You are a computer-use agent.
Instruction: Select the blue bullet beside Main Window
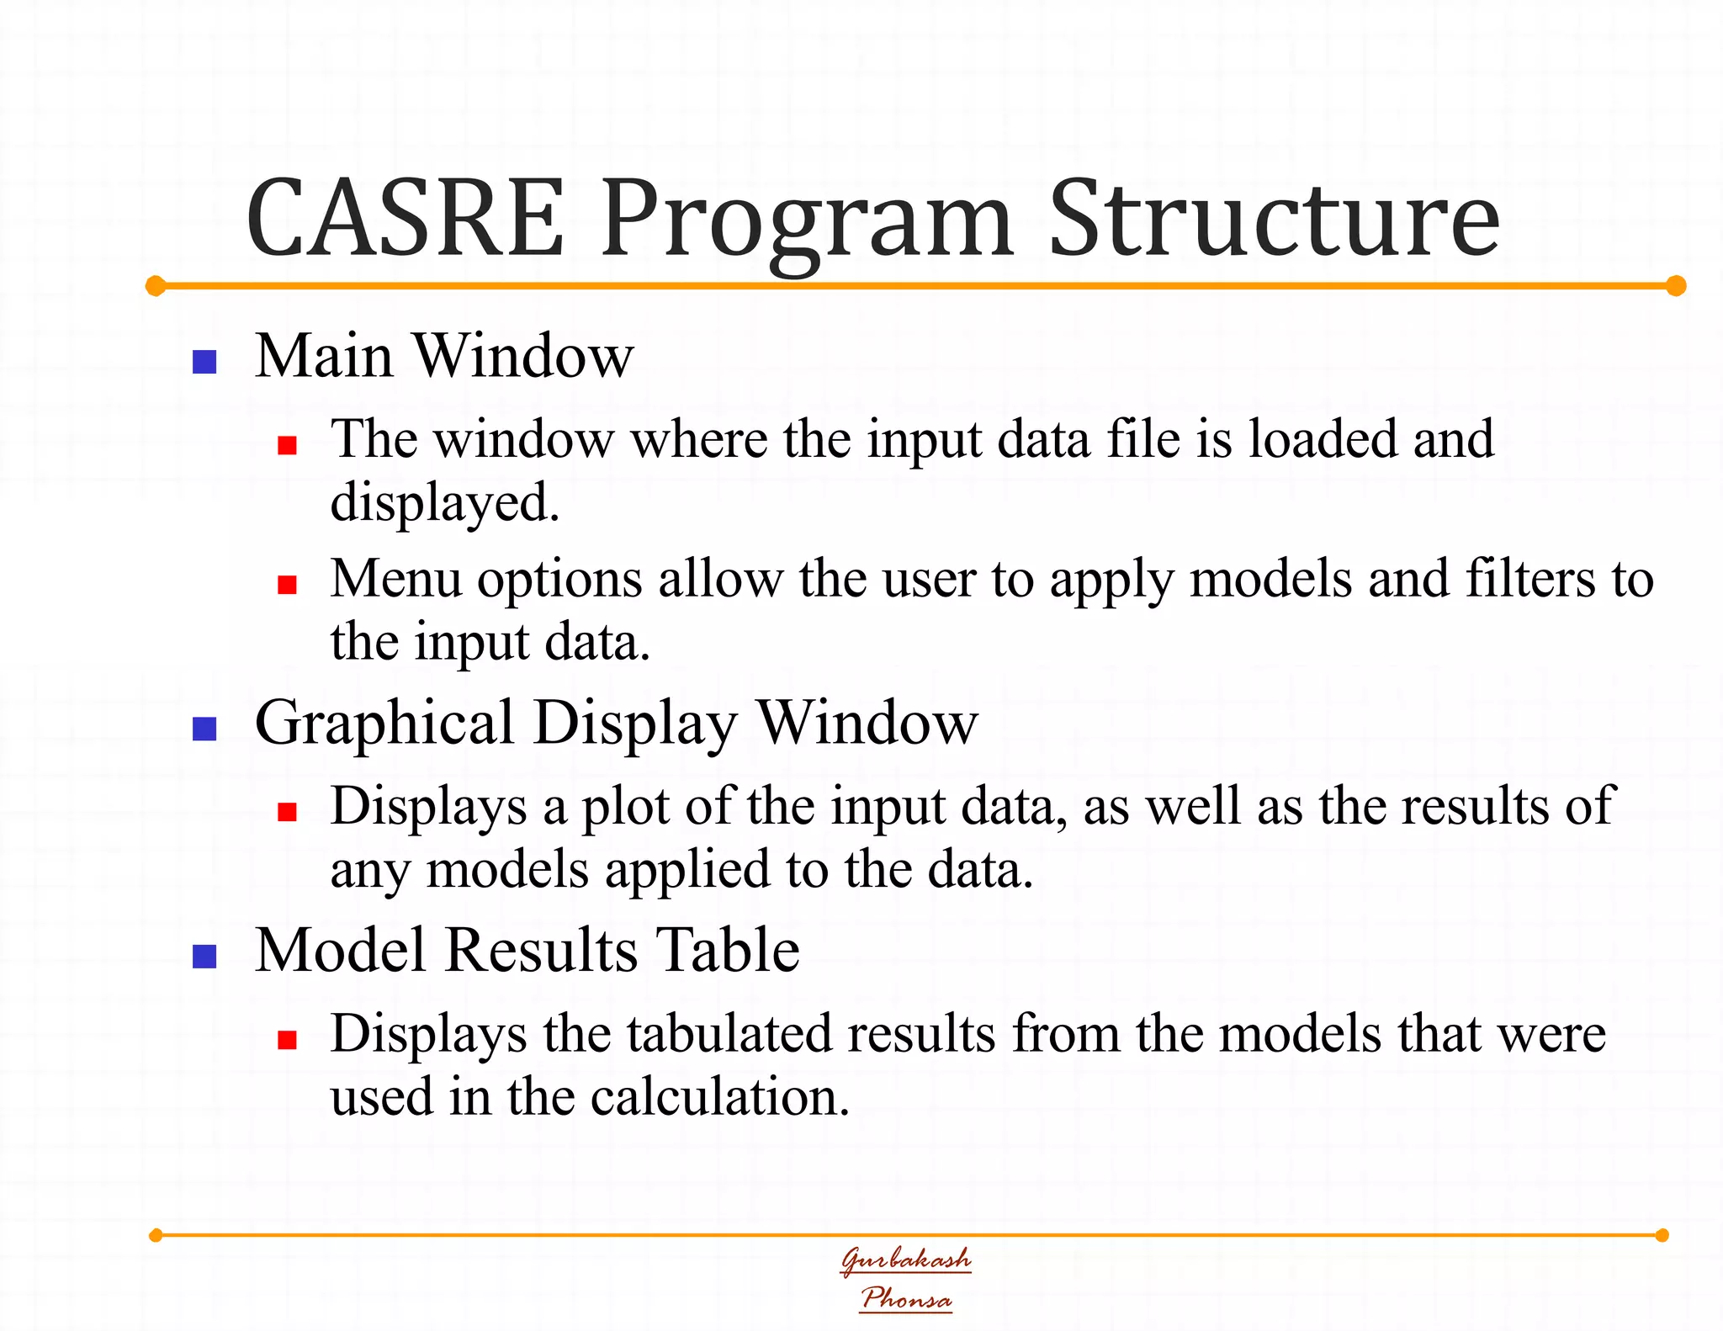click(x=204, y=362)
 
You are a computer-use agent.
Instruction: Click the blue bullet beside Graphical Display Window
click(x=204, y=729)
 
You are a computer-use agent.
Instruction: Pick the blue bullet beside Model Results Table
click(x=204, y=957)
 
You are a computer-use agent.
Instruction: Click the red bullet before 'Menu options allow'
click(x=287, y=585)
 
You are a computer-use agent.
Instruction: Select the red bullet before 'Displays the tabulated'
click(x=287, y=1040)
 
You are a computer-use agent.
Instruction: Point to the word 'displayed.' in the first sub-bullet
click(x=444, y=504)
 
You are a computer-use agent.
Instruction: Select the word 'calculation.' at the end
click(x=719, y=1097)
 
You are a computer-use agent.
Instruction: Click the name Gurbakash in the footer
click(x=906, y=1259)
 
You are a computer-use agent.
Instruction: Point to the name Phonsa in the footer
click(x=906, y=1298)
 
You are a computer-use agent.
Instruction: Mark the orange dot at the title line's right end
click(x=1676, y=286)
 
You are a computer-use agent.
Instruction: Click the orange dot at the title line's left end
click(x=156, y=286)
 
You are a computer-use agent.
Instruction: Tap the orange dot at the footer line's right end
click(x=1662, y=1235)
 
